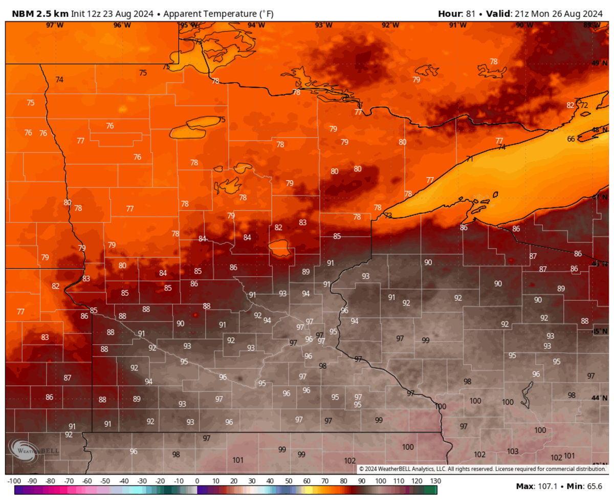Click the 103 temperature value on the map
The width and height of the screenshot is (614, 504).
point(512,451)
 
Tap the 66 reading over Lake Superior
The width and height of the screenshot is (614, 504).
point(572,139)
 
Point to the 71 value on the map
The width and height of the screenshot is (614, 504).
point(469,159)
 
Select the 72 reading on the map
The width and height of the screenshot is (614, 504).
point(584,105)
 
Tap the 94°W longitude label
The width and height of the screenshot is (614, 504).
point(256,25)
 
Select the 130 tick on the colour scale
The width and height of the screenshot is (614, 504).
point(435,481)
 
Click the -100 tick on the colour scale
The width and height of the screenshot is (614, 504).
point(14,481)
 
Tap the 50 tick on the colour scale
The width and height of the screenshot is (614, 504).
point(289,481)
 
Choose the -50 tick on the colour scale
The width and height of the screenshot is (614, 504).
point(105,481)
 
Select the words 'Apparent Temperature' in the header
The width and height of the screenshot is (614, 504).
point(203,14)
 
